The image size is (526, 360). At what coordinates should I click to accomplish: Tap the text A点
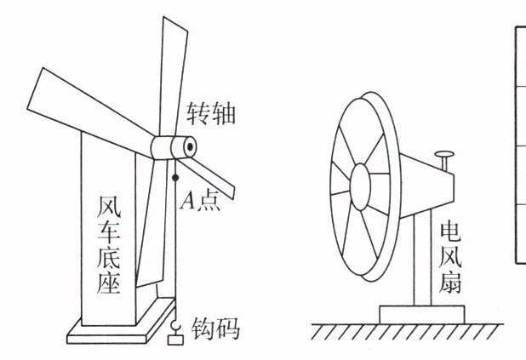(202, 201)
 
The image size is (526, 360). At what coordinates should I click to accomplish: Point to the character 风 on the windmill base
(108, 206)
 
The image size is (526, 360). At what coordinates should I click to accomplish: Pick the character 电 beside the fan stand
(449, 230)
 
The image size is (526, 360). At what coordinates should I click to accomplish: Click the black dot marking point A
(174, 178)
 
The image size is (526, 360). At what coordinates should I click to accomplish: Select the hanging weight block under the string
(176, 340)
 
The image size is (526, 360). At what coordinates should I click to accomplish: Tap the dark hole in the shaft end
(188, 146)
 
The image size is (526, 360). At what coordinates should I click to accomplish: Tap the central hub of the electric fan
(360, 183)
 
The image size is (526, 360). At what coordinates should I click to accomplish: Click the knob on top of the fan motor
(444, 157)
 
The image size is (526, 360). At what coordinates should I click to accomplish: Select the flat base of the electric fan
(422, 313)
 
